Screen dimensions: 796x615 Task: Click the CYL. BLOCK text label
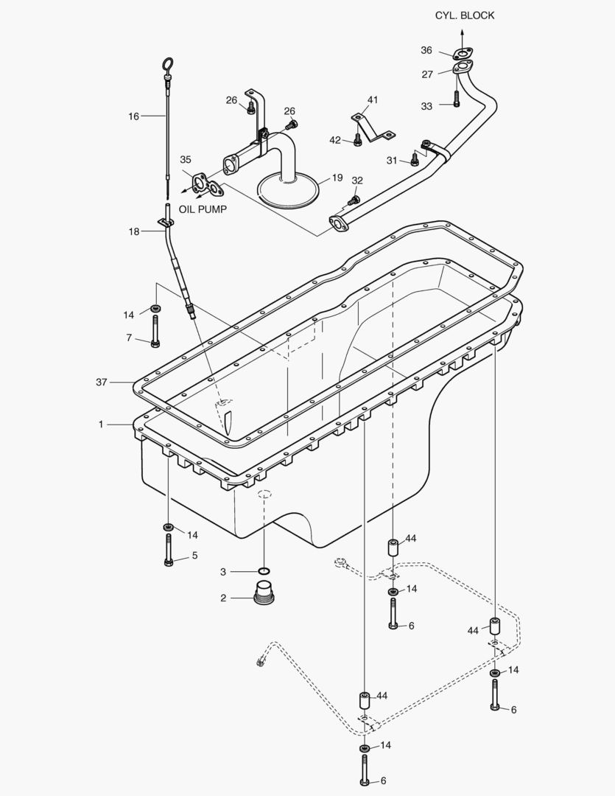[464, 15]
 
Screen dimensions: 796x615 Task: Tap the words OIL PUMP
[203, 209]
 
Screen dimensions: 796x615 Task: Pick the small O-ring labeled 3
[264, 571]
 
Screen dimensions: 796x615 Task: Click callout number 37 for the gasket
[102, 382]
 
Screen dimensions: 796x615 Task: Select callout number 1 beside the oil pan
[102, 425]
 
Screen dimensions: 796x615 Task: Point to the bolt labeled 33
[457, 98]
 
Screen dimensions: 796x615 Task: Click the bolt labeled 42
[358, 139]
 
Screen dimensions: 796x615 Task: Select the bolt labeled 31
[414, 158]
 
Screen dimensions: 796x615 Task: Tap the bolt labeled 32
[354, 199]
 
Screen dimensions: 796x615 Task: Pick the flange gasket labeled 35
[200, 183]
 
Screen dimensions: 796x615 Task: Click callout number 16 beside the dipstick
[133, 116]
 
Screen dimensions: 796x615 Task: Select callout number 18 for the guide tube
[133, 231]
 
